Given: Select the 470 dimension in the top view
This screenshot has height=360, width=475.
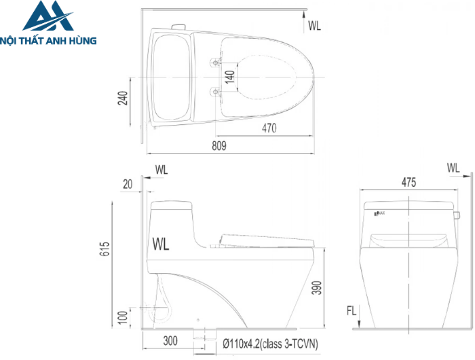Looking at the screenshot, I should click(x=269, y=127).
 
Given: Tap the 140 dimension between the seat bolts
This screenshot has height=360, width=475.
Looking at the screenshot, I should click(x=230, y=76).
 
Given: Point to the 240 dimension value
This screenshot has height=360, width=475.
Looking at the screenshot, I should click(x=122, y=100).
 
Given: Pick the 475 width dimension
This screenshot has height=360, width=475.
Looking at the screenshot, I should click(x=408, y=182).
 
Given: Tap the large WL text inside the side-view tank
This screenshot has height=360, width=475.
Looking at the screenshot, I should click(x=161, y=243).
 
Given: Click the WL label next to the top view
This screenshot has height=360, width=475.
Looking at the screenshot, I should click(x=315, y=26).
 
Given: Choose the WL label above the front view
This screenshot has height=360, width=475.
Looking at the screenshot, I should click(x=453, y=167).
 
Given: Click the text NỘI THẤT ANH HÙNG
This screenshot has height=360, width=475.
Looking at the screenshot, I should click(x=49, y=41).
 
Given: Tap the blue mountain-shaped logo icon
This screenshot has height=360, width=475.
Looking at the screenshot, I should click(x=48, y=16).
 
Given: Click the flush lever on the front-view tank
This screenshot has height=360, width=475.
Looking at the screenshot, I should click(x=457, y=216).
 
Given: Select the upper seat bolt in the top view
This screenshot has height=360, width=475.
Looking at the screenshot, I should click(x=216, y=62).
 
